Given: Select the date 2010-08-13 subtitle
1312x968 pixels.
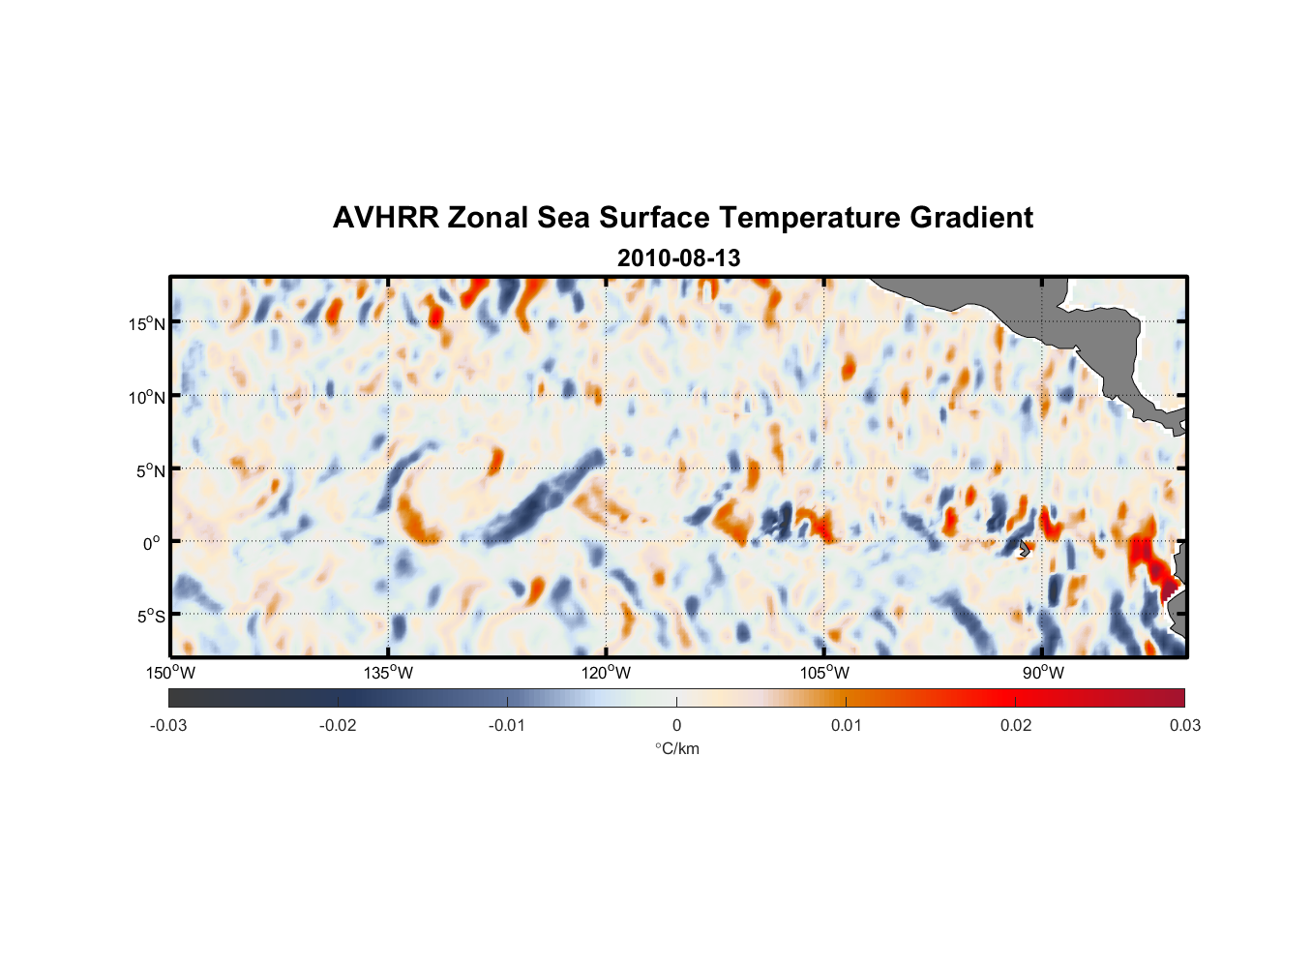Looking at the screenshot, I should [678, 258].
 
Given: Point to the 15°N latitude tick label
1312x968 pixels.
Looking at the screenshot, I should [147, 323].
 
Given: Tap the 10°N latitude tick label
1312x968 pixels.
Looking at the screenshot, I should [147, 397].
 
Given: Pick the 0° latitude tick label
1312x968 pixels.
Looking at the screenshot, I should [151, 543].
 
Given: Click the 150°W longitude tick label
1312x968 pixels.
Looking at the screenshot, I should [170, 673].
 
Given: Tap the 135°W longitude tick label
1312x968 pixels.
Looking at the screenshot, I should [388, 673].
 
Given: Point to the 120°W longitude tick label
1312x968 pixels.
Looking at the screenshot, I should [606, 673].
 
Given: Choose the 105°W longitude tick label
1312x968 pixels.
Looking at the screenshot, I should [824, 673].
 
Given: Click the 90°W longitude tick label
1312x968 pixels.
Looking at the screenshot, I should [1043, 673].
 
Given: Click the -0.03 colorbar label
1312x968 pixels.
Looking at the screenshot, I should [168, 725].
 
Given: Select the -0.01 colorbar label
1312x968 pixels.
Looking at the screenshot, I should [507, 725].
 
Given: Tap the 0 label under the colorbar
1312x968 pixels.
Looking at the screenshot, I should [676, 725].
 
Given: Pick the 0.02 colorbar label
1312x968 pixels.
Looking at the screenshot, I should [1016, 725].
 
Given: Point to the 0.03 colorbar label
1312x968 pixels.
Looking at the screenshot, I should [1184, 725].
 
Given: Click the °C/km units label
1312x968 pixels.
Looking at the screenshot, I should [676, 748].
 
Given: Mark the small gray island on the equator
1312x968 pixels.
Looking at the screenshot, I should [1025, 548].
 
